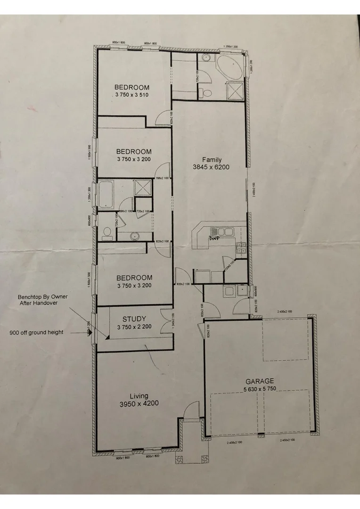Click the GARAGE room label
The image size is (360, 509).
point(259,381)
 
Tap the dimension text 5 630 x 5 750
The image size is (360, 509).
point(259,389)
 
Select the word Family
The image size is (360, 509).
point(212,160)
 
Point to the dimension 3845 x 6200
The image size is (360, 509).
point(211,167)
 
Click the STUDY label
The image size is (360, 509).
point(134,319)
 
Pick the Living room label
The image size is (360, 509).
point(139,396)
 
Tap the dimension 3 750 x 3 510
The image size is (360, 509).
point(132,95)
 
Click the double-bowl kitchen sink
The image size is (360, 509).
point(220,231)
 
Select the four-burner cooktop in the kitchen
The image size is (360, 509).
point(241,248)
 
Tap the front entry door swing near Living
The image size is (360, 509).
point(191,410)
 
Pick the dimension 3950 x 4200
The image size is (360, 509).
point(139,403)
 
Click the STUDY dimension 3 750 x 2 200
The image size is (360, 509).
point(134,327)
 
